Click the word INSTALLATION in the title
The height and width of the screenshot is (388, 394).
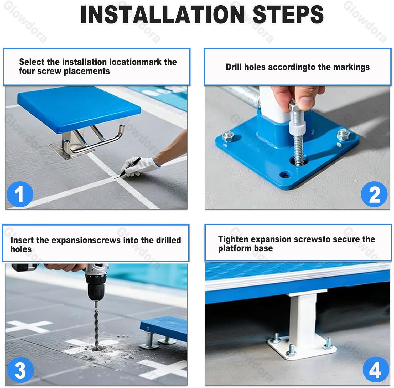pyautogui.click(x=163, y=14)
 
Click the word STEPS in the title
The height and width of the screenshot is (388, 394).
pyautogui.click(x=288, y=14)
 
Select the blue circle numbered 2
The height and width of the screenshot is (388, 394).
pyautogui.click(x=374, y=195)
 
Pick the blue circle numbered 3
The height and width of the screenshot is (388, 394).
pyautogui.click(x=20, y=370)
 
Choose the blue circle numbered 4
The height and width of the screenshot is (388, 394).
pyautogui.click(x=376, y=370)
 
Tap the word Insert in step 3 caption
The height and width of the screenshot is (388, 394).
pyautogui.click(x=22, y=240)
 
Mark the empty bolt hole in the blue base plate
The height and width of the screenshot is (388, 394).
pyautogui.click(x=286, y=175)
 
